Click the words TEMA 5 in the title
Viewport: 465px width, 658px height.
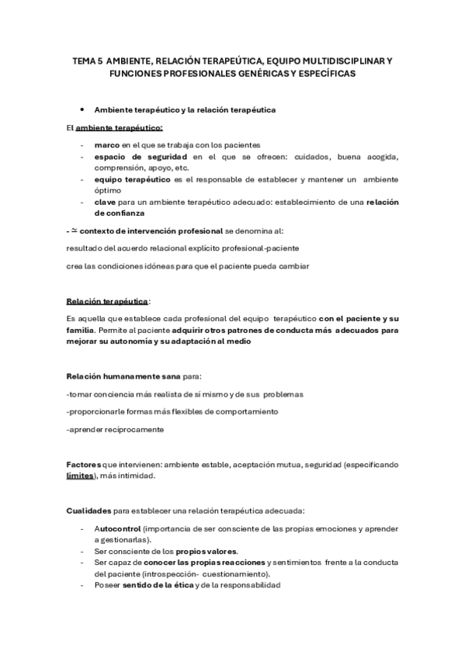pyautogui.click(x=85, y=59)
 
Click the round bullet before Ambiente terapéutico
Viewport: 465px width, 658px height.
pyautogui.click(x=82, y=109)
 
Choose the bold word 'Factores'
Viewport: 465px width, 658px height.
pyautogui.click(x=84, y=464)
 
